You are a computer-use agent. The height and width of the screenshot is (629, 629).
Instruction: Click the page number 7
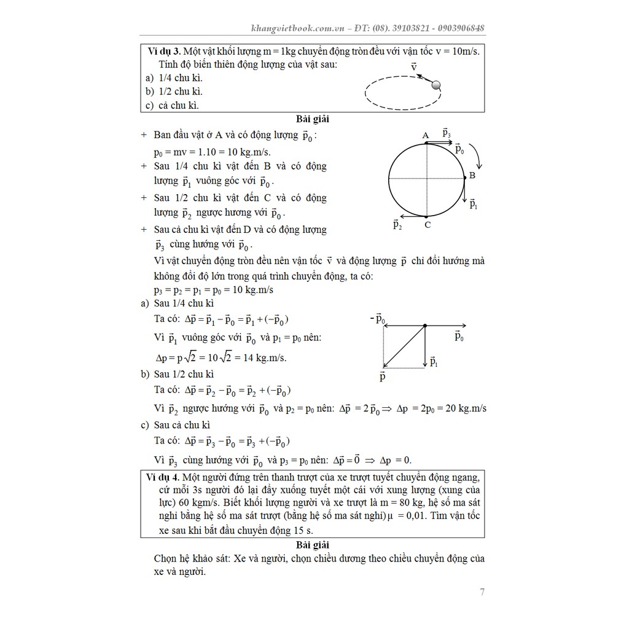click(x=482, y=593)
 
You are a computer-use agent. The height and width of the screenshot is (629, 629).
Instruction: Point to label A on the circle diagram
click(x=425, y=135)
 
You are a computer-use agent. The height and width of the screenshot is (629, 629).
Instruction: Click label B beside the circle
click(x=472, y=176)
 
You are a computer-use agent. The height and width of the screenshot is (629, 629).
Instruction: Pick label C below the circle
click(x=428, y=225)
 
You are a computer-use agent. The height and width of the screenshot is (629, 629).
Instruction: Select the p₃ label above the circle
click(x=446, y=132)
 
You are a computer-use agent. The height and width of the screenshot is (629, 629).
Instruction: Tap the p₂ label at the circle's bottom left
click(x=397, y=225)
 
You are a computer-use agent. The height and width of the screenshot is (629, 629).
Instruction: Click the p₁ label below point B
click(x=474, y=204)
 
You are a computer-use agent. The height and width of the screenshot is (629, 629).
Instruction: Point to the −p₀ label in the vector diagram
click(x=377, y=318)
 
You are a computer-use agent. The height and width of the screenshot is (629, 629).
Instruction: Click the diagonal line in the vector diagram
click(x=404, y=346)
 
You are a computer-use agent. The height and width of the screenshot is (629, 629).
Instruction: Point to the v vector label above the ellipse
click(x=414, y=66)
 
